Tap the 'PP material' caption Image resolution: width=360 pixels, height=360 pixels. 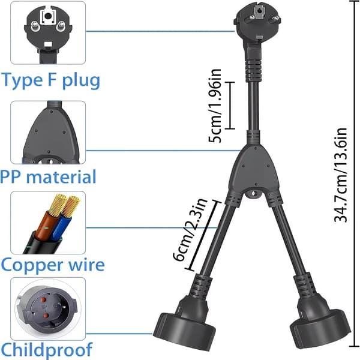[48, 177]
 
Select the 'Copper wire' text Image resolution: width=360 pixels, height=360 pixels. [53, 265]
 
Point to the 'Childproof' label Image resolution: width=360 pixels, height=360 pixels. [47, 350]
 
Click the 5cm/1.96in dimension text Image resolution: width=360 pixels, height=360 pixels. [215, 106]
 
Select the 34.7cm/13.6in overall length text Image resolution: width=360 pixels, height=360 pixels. [340, 175]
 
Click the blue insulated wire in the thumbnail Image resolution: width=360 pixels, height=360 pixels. [60, 226]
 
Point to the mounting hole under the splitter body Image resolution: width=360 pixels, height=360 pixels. [253, 194]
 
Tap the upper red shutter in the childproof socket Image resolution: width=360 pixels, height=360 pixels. [44, 300]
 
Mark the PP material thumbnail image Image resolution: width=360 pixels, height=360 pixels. [48, 132]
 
